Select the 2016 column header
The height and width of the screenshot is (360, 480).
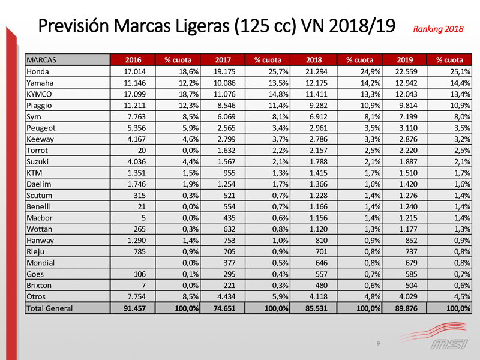click(133, 59)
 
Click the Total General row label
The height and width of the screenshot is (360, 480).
click(49, 308)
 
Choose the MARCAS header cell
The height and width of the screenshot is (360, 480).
click(45, 59)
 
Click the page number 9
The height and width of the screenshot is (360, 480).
click(378, 343)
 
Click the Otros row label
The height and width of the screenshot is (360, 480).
click(37, 296)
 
